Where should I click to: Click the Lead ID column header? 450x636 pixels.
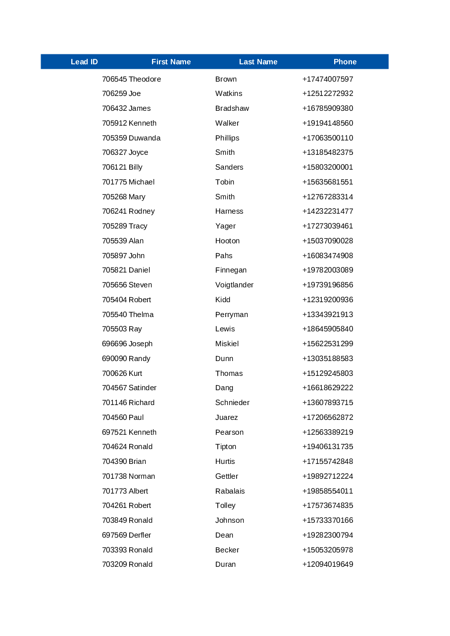click(x=84, y=62)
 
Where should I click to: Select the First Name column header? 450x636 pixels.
click(x=171, y=62)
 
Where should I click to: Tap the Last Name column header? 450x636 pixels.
click(x=258, y=62)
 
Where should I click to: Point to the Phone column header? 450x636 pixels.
click(x=345, y=62)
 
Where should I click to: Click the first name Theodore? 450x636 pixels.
click(x=145, y=79)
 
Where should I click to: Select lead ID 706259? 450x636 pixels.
click(x=114, y=93)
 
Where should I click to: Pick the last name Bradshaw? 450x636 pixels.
click(x=232, y=108)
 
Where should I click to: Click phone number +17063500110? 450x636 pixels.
click(x=328, y=138)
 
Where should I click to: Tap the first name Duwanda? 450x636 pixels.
click(x=145, y=138)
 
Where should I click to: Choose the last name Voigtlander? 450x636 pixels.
click(x=234, y=285)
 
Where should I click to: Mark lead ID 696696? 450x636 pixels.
click(x=114, y=344)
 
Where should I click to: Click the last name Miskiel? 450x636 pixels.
click(x=227, y=344)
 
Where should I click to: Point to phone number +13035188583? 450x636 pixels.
click(x=328, y=359)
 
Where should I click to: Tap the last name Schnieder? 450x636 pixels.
click(x=232, y=403)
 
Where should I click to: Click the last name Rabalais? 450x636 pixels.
click(x=230, y=491)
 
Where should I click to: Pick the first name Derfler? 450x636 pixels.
click(x=140, y=535)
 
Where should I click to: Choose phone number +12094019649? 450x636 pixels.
click(x=328, y=564)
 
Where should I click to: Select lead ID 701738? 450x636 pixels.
click(x=114, y=476)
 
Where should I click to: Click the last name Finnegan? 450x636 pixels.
click(x=231, y=270)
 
